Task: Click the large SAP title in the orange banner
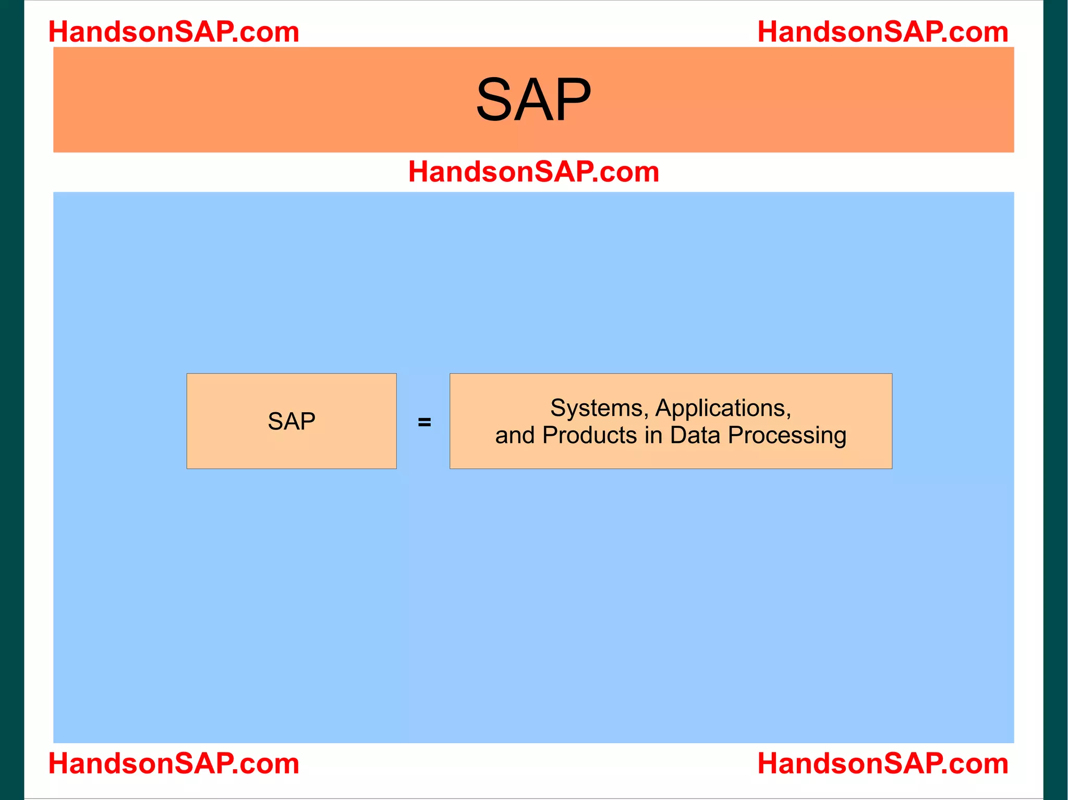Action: point(533,100)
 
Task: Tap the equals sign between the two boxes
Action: point(424,422)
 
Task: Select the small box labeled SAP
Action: point(291,421)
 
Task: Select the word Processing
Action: point(787,436)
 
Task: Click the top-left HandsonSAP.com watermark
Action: point(174,32)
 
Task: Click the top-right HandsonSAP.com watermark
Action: point(882,32)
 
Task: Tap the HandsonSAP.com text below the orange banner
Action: point(533,171)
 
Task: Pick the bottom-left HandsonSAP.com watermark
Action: point(174,764)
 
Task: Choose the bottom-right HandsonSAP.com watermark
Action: point(882,764)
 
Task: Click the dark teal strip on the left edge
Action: point(11,400)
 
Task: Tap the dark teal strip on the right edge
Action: point(1055,400)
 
